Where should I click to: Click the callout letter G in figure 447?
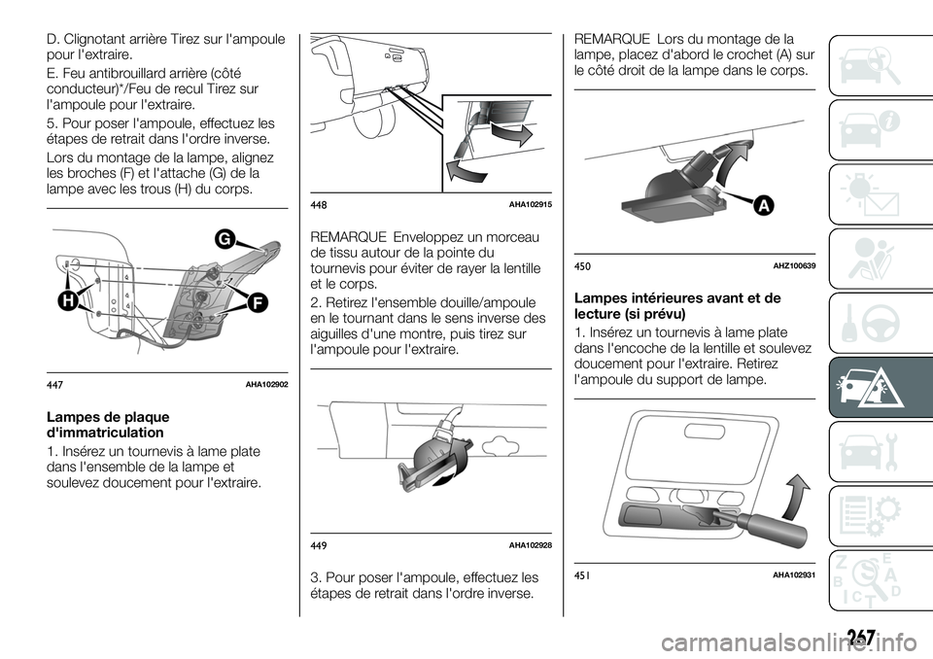pos(224,239)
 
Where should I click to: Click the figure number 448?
pos(319,205)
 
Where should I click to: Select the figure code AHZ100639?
pos(794,266)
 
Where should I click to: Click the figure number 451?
pos(582,574)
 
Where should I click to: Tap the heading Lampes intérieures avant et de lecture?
pos(677,306)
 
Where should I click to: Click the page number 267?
pos(857,638)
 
